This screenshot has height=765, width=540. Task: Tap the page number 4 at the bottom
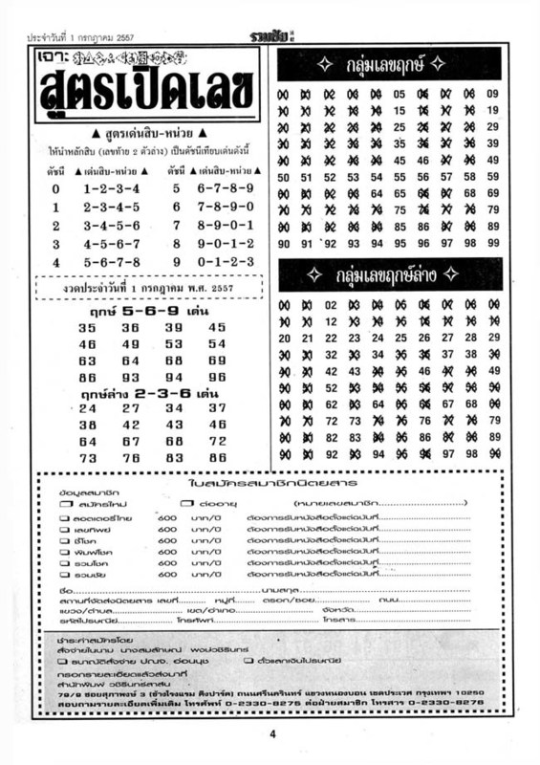(270, 733)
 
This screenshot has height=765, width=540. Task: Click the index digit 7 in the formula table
(176, 226)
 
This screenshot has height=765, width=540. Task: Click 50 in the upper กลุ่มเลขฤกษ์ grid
(283, 177)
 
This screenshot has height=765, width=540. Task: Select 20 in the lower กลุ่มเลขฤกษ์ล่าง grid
(283, 338)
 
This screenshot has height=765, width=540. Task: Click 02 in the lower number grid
(331, 305)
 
